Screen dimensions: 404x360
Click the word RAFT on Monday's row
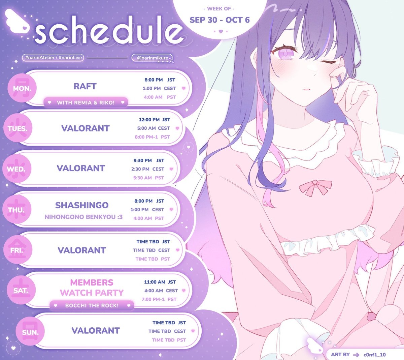pyautogui.click(x=85, y=86)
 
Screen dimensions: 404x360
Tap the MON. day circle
pyautogui.click(x=22, y=88)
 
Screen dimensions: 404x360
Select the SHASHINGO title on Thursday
pyautogui.click(x=82, y=205)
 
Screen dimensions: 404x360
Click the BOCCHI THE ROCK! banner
pyautogui.click(x=92, y=305)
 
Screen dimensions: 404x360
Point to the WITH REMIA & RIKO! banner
pyautogui.click(x=86, y=102)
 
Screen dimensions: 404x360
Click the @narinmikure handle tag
pyautogui.click(x=153, y=58)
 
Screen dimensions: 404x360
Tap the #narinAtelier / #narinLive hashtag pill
pyautogui.click(x=53, y=58)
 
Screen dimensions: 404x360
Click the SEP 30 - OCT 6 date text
pyautogui.click(x=220, y=20)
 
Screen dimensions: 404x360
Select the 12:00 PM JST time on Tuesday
pyautogui.click(x=154, y=120)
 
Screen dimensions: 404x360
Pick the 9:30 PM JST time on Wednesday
pyautogui.click(x=149, y=160)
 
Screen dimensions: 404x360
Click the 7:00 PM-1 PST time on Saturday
pyautogui.click(x=159, y=299)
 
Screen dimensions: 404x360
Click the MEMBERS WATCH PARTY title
pyautogui.click(x=92, y=288)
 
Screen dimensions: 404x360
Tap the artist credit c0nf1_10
pyautogui.click(x=374, y=355)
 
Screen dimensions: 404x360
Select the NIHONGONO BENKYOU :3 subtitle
pyautogui.click(x=83, y=217)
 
